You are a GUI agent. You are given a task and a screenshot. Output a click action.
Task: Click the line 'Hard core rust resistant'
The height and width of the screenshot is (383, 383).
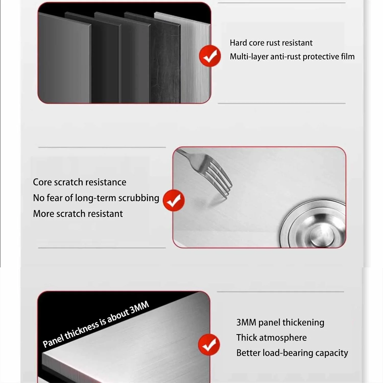pyautogui.click(x=271, y=43)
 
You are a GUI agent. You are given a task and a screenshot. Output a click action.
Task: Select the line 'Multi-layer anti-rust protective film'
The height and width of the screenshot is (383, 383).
pyautogui.click(x=292, y=57)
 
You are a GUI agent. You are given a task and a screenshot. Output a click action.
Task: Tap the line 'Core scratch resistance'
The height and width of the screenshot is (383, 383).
pyautogui.click(x=80, y=182)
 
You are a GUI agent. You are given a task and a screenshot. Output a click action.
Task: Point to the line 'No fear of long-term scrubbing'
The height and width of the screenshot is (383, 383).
pyautogui.click(x=96, y=198)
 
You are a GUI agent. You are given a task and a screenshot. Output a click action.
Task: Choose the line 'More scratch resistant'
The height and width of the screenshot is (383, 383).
pyautogui.click(x=78, y=214)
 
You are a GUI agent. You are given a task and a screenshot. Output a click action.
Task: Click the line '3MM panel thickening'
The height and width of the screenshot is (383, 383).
pyautogui.click(x=280, y=322)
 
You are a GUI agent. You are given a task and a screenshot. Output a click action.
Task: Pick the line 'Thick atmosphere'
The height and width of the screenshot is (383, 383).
pyautogui.click(x=271, y=338)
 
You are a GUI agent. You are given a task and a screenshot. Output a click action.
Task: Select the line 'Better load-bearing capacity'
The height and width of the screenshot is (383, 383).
pyautogui.click(x=292, y=353)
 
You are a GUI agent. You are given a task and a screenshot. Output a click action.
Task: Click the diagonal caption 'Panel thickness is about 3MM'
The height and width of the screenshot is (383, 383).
pyautogui.click(x=96, y=324)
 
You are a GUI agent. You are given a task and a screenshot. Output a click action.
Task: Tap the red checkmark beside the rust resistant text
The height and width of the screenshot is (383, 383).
pyautogui.click(x=210, y=56)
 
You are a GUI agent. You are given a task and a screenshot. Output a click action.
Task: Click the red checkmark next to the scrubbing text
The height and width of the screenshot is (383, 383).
pyautogui.click(x=174, y=200)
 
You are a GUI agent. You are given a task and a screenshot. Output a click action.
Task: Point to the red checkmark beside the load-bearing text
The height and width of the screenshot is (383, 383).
pyautogui.click(x=209, y=345)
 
